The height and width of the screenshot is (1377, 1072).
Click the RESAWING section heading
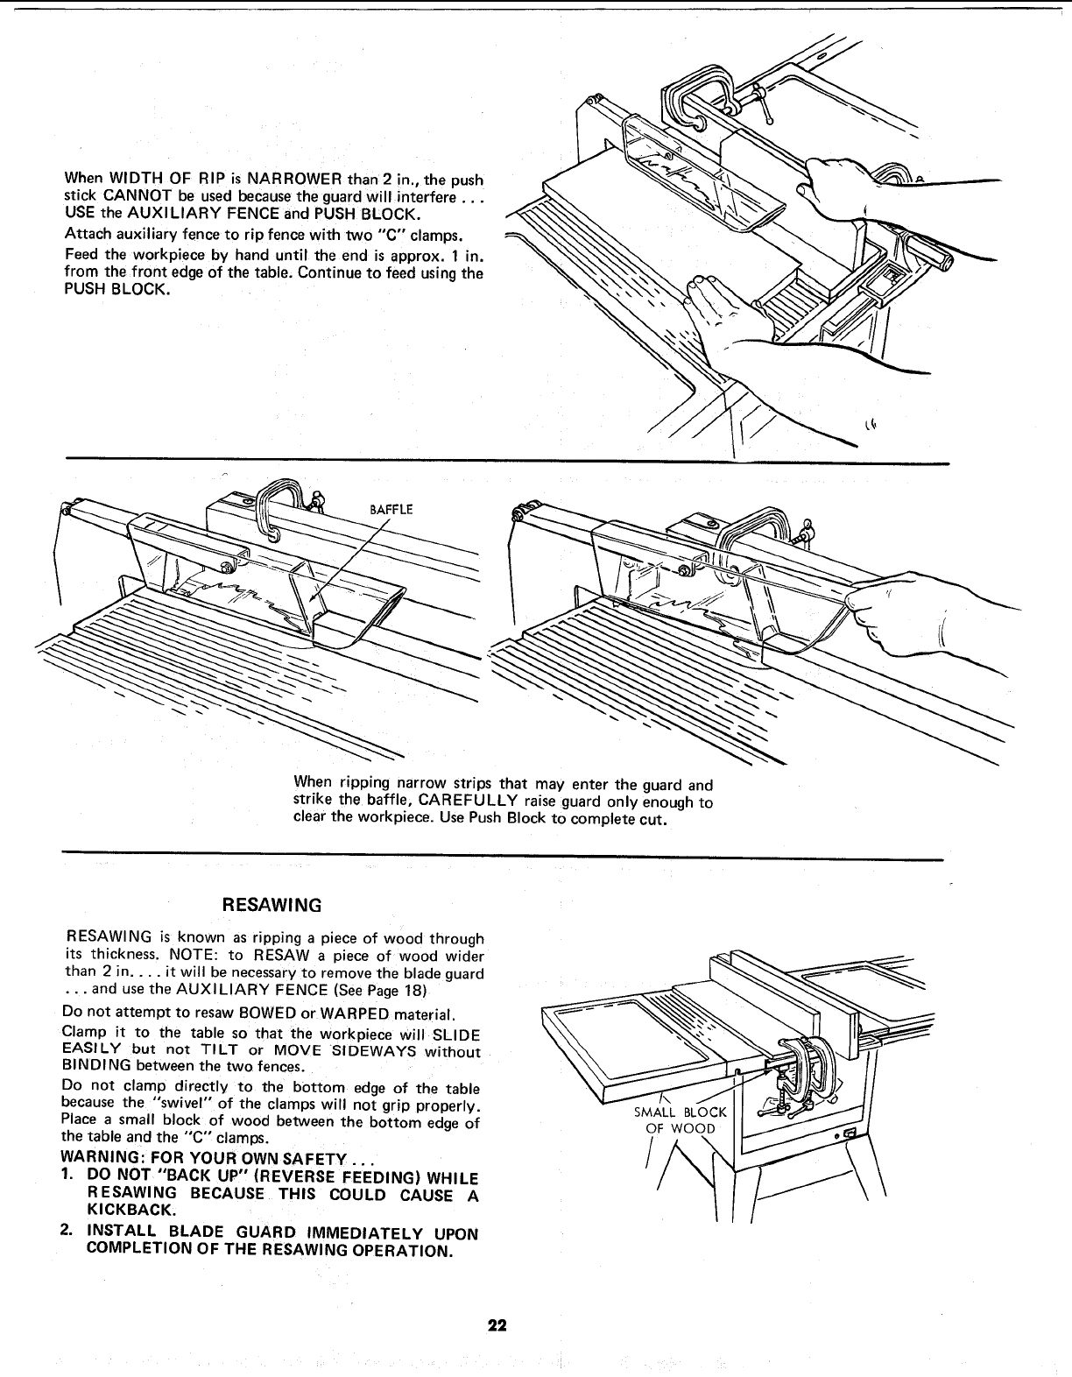[x=272, y=904]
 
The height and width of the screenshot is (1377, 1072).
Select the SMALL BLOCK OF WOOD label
[x=680, y=1120]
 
